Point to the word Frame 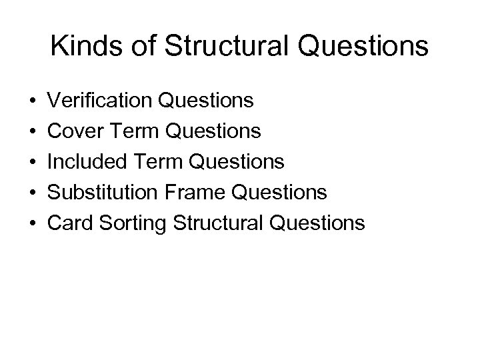pos(194,192)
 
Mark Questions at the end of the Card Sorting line pos(319,223)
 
